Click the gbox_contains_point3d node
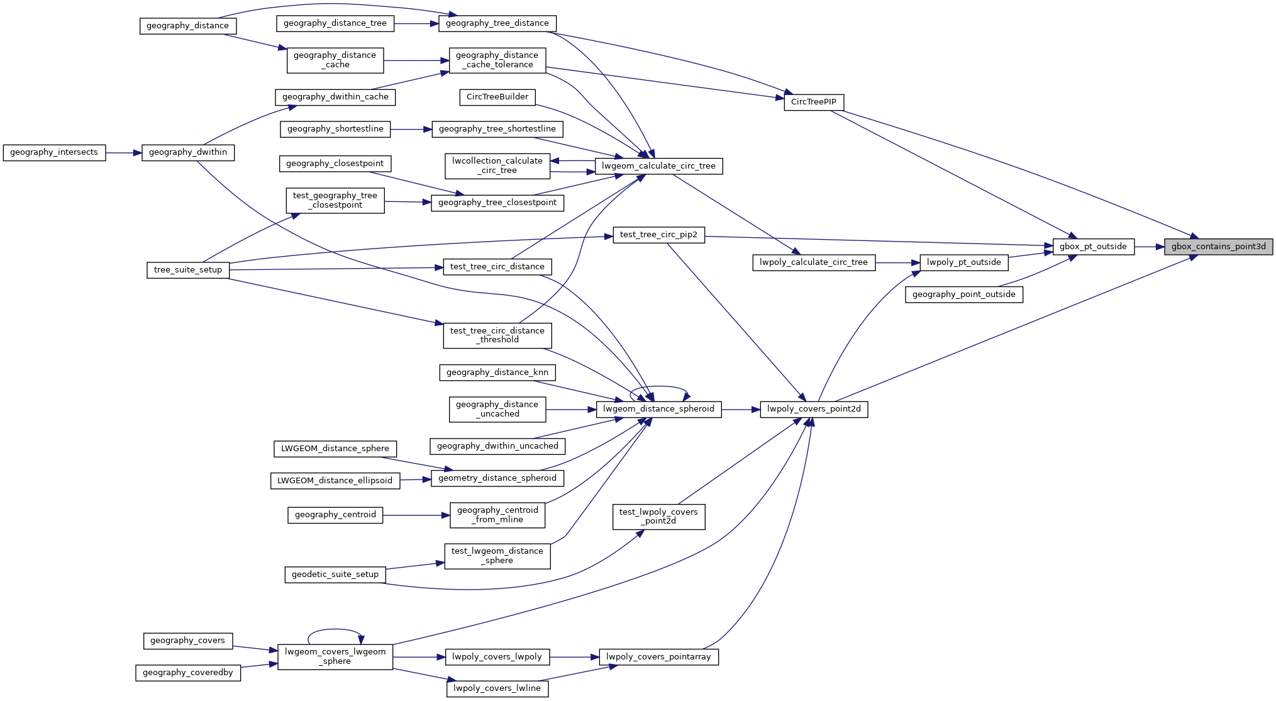pyautogui.click(x=1218, y=247)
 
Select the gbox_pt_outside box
pyautogui.click(x=1093, y=247)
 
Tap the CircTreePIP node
pyautogui.click(x=813, y=102)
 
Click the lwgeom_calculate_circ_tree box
pyautogui.click(x=658, y=166)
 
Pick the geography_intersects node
pyautogui.click(x=54, y=152)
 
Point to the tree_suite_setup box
pyautogui.click(x=188, y=270)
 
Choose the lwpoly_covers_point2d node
pyautogui.click(x=814, y=409)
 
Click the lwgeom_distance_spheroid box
pyautogui.click(x=658, y=409)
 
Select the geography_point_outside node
pyautogui.click(x=963, y=294)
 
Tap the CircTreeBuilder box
pyautogui.click(x=497, y=97)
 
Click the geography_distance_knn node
pyautogui.click(x=497, y=373)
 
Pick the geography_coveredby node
pyautogui.click(x=187, y=673)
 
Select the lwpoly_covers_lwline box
pyautogui.click(x=497, y=688)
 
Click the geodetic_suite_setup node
pyautogui.click(x=335, y=575)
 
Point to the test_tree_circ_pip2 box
pyautogui.click(x=658, y=235)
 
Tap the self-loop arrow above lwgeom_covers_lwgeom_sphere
pyautogui.click(x=335, y=629)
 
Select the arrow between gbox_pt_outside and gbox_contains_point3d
pyautogui.click(x=1149, y=247)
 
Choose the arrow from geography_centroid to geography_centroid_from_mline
pyautogui.click(x=416, y=515)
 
